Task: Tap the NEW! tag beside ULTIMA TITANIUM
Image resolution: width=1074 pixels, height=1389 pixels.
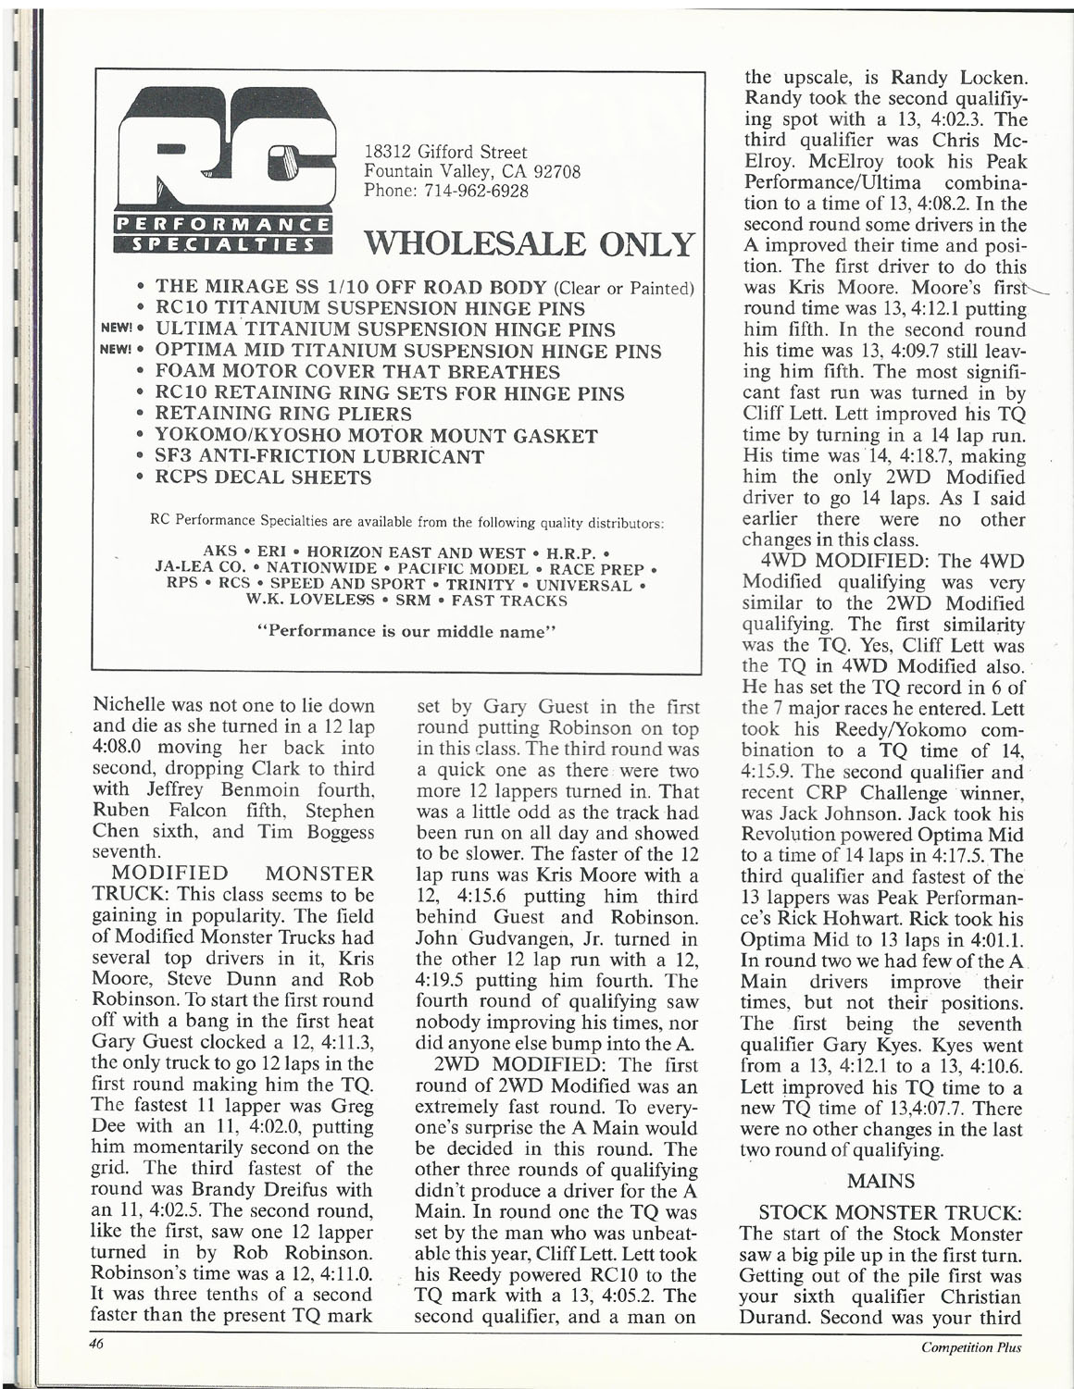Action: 117,330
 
